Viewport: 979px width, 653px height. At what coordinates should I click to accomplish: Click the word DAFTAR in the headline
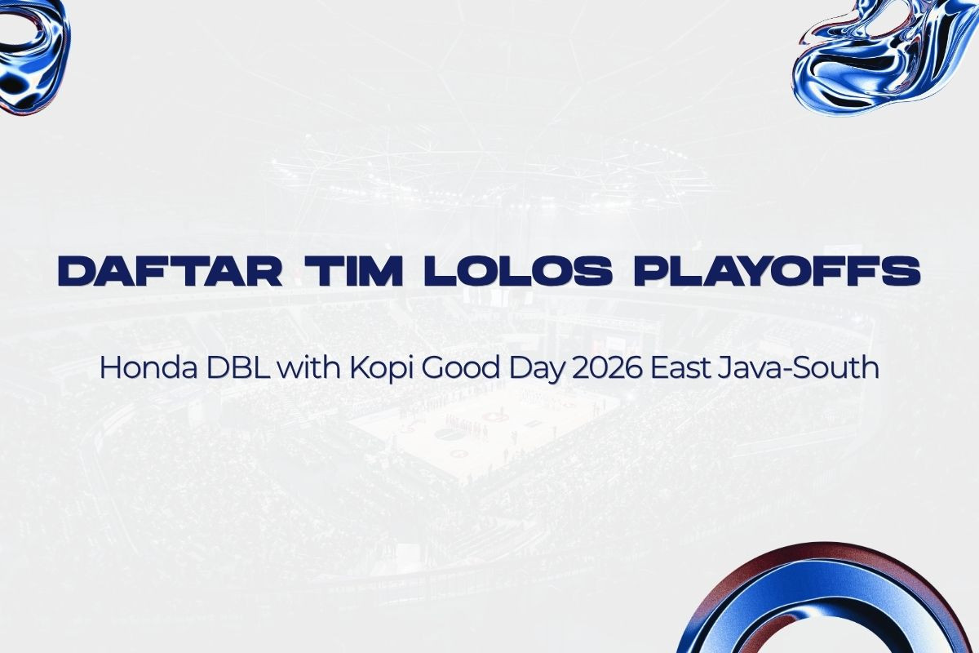pos(170,271)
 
